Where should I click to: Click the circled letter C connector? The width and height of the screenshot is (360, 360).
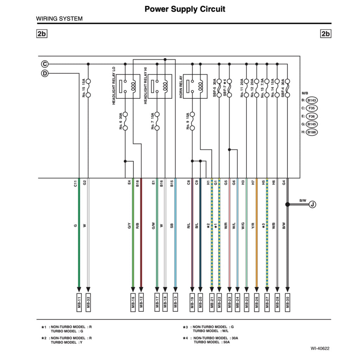click(x=45, y=64)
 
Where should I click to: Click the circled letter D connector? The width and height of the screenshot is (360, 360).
click(x=45, y=73)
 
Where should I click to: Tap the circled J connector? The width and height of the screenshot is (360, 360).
click(x=313, y=204)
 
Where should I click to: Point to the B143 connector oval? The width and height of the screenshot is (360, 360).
click(x=311, y=100)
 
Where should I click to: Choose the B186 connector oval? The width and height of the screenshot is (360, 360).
click(x=311, y=133)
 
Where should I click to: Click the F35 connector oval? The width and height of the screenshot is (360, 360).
click(x=311, y=108)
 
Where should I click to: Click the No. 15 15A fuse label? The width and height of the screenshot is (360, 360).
click(x=84, y=88)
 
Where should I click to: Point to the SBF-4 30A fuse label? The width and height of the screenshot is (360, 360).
click(x=283, y=88)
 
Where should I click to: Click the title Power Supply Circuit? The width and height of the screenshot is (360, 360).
click(x=185, y=9)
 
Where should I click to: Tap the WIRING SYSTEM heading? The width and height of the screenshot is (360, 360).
click(x=59, y=19)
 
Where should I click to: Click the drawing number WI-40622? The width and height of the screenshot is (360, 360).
click(x=320, y=349)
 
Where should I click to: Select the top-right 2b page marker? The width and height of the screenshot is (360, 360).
click(x=326, y=34)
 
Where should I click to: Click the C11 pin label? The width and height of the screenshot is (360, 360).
click(x=75, y=183)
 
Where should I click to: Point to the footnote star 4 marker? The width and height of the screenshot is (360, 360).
click(x=185, y=338)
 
